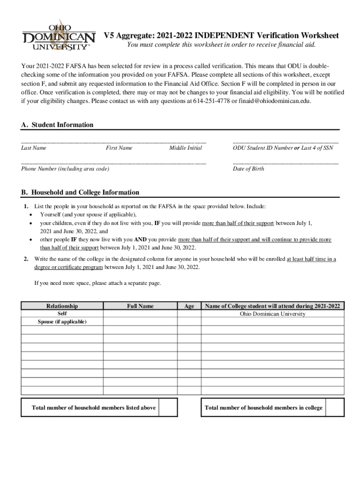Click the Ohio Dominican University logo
click(55, 35)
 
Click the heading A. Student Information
click(57, 125)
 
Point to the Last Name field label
click(34, 148)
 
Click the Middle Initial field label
click(186, 148)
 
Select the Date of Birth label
click(248, 169)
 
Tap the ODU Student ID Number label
click(262, 148)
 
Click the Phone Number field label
click(65, 169)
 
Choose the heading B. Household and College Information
click(80, 192)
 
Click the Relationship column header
click(62, 306)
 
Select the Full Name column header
click(140, 306)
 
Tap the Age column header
click(189, 306)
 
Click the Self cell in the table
click(62, 313)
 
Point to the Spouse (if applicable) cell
click(62, 322)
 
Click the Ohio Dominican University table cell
click(272, 314)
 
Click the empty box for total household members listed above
click(168, 407)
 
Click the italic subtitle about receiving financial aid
click(222, 45)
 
